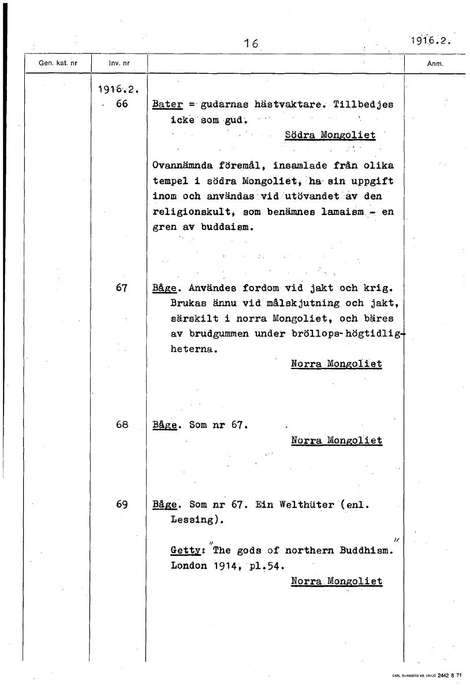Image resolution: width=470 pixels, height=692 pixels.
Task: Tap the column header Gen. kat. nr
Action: pyautogui.click(x=57, y=63)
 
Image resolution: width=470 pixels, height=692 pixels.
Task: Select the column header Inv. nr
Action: pyautogui.click(x=117, y=63)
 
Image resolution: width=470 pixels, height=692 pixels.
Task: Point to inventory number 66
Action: pyautogui.click(x=121, y=104)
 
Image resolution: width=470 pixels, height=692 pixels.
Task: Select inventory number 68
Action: pyautogui.click(x=121, y=425)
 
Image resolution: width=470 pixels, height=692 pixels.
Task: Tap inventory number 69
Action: pyautogui.click(x=121, y=504)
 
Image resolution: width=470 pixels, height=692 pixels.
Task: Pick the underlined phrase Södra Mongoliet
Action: pyautogui.click(x=330, y=135)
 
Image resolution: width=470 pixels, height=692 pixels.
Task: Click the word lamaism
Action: pyautogui.click(x=341, y=212)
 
